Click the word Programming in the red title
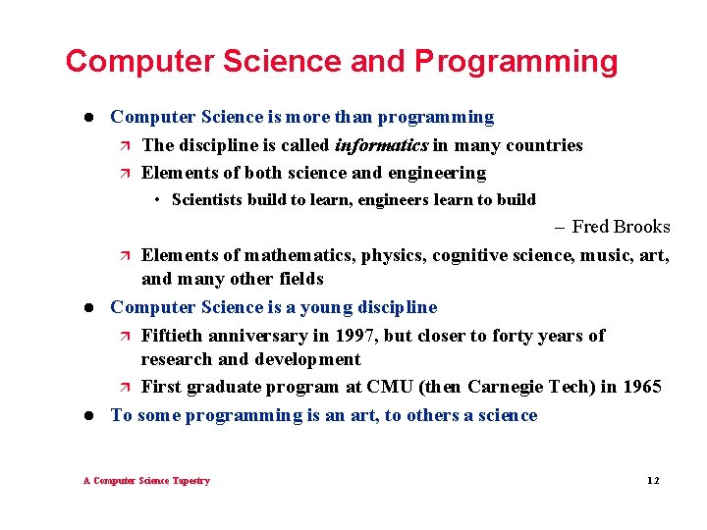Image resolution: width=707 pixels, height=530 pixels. (517, 62)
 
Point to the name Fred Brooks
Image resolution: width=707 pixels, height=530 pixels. (621, 227)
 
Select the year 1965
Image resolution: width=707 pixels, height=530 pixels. (642, 387)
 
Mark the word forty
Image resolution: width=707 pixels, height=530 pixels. (507, 336)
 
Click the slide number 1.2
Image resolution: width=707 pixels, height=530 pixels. (653, 481)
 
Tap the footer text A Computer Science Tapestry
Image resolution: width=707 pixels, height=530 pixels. (146, 481)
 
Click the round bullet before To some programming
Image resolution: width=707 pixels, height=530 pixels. (87, 415)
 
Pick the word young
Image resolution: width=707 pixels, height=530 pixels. (325, 307)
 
